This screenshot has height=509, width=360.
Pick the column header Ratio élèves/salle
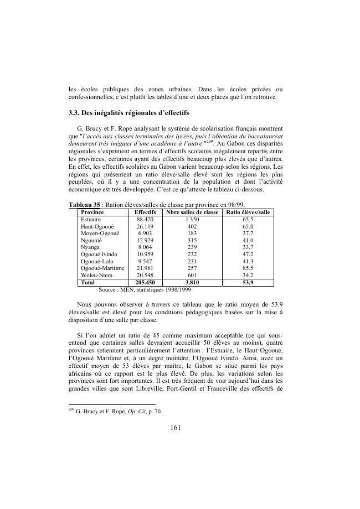click(x=248, y=212)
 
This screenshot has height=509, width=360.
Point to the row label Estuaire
click(x=91, y=219)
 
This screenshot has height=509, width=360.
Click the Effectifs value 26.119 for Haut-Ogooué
click(x=145, y=226)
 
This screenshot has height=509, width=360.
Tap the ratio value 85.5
click(x=248, y=268)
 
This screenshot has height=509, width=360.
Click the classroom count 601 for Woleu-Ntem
click(x=192, y=275)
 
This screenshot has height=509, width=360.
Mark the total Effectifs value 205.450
click(x=145, y=282)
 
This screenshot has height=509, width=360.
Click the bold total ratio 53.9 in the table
click(x=248, y=282)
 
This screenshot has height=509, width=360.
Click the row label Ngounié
click(x=92, y=240)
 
